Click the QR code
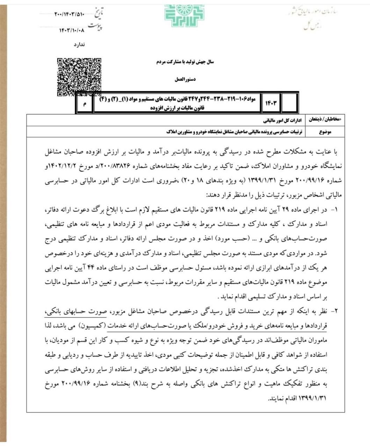pyautogui.click(x=80, y=77)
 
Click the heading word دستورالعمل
pyautogui.click(x=185, y=79)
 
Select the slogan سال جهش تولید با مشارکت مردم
pyautogui.click(x=185, y=62)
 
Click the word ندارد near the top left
pyautogui.click(x=79, y=45)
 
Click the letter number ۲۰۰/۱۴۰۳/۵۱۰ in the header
pyautogui.click(x=70, y=14)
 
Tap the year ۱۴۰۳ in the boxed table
pyautogui.click(x=271, y=103)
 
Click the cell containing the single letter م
pyautogui.click(x=85, y=103)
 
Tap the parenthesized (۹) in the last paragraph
pyautogui.click(x=135, y=385)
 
